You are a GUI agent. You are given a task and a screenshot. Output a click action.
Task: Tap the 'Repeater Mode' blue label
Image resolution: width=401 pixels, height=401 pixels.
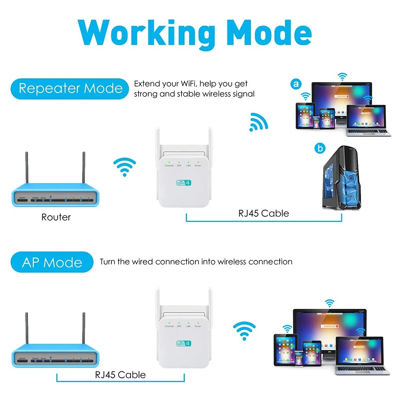click(x=71, y=88)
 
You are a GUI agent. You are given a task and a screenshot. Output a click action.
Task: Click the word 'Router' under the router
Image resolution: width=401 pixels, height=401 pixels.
click(x=56, y=217)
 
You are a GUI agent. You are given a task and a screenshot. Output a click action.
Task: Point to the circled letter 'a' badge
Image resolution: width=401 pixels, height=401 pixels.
click(x=296, y=84)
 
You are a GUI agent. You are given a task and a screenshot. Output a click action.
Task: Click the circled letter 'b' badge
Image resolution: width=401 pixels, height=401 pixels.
click(x=320, y=149)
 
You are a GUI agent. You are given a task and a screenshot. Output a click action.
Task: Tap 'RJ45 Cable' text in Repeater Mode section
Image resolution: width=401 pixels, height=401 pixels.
click(x=264, y=213)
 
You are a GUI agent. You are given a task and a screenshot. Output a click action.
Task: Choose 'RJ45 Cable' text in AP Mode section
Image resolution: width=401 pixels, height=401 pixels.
click(x=120, y=375)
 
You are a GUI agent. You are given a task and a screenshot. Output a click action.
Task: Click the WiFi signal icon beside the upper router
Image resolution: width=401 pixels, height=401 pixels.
click(x=125, y=167)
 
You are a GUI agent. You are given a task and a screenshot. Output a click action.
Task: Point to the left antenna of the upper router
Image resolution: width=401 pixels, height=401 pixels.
click(x=27, y=168)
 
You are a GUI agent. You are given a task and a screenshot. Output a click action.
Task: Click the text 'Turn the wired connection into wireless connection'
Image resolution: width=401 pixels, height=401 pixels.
click(x=196, y=262)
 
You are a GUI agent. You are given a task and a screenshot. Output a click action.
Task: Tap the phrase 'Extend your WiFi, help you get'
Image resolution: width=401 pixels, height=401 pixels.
click(x=191, y=84)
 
